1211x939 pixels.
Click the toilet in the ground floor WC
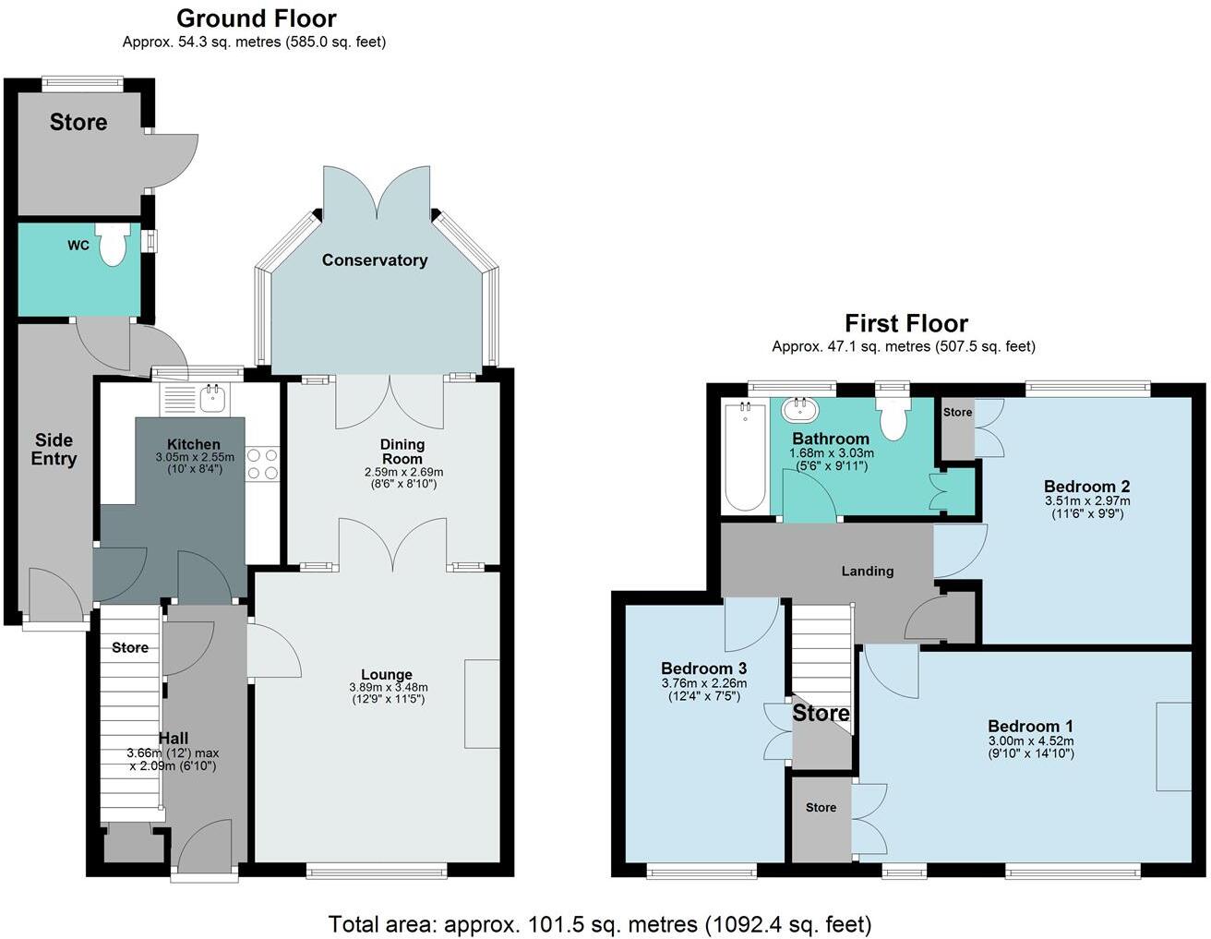(x=113, y=247)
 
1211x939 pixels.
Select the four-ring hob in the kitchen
(x=262, y=463)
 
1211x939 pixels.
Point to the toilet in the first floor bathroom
(x=893, y=418)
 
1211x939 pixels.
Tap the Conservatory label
(x=374, y=260)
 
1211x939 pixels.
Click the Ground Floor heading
(x=256, y=18)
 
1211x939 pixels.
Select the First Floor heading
(x=905, y=323)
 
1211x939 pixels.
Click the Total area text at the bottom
(x=599, y=923)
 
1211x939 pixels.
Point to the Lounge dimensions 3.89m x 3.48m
(x=388, y=688)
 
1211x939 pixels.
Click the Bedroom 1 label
(x=1030, y=726)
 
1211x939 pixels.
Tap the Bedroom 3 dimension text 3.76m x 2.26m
(x=703, y=684)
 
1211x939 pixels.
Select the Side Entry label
(x=54, y=450)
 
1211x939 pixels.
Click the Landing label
(x=867, y=571)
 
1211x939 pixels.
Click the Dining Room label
(x=402, y=451)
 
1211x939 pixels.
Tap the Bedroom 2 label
(x=1086, y=487)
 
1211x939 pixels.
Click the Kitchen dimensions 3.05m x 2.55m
(x=194, y=457)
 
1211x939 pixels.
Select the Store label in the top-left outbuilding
(x=78, y=123)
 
